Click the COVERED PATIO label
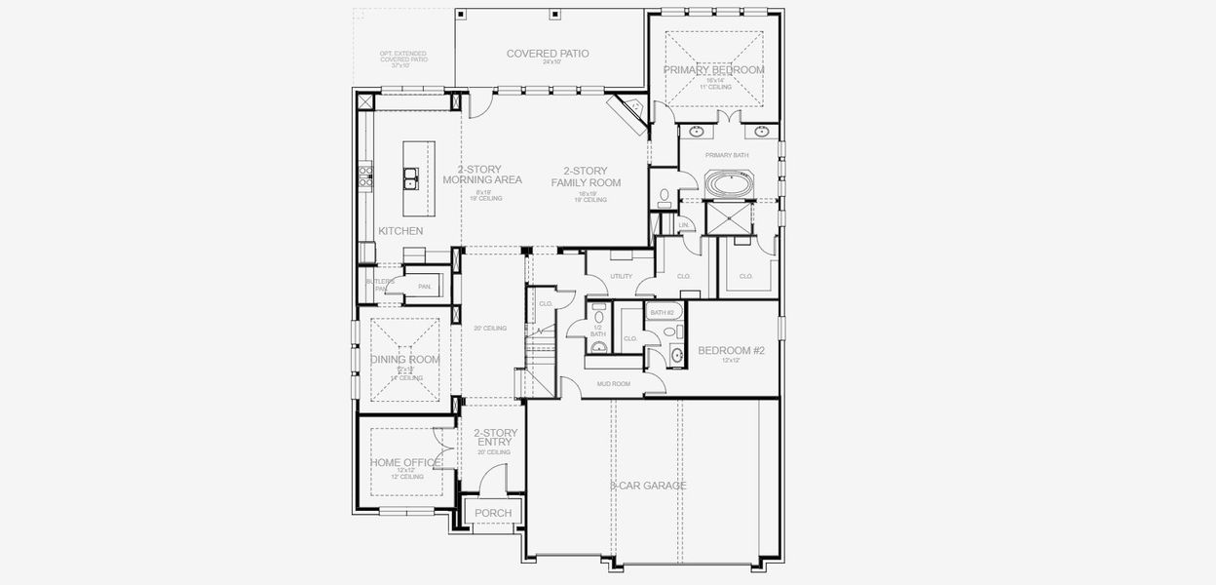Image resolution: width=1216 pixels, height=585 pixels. pos(547,54)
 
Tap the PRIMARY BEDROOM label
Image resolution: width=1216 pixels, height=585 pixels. pos(713,70)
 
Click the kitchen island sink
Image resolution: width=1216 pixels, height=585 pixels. pos(412,177)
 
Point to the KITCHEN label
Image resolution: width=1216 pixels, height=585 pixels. pos(400,231)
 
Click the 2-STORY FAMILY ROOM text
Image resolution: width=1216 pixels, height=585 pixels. pos(586,176)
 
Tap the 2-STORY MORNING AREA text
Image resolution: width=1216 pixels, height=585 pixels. pos(481,175)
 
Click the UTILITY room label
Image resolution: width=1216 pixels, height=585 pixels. pos(621,276)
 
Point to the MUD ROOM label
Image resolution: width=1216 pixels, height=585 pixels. pos(613,384)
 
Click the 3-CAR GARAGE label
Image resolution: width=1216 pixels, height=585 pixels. pos(648,486)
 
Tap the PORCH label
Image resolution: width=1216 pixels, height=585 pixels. pos(493,513)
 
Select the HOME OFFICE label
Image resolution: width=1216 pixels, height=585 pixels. pos(404,462)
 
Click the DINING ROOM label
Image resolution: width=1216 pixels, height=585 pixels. pos(404,359)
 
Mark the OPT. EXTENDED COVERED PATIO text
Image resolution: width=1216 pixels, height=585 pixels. pos(403,58)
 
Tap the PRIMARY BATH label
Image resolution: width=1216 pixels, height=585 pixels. pos(727,155)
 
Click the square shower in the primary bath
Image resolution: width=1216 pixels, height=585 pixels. pos(728,219)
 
